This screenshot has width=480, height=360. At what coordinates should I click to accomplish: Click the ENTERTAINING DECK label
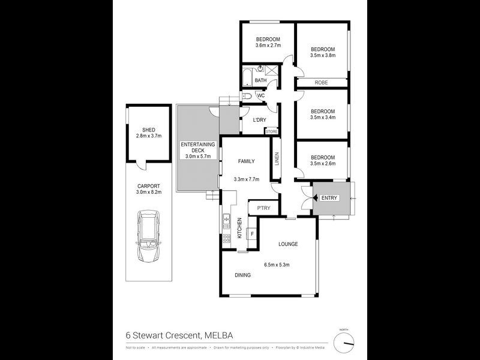click(198, 147)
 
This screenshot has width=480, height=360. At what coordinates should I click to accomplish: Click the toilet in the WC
click(247, 96)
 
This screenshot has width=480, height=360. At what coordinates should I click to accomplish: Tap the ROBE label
click(322, 83)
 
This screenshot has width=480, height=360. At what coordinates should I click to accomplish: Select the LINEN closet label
click(277, 160)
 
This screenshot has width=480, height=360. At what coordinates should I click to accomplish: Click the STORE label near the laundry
click(272, 131)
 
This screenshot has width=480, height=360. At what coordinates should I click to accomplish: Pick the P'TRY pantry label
click(263, 208)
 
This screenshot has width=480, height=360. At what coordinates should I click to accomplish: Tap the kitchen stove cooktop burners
click(227, 238)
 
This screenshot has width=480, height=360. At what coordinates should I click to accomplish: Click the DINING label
click(242, 275)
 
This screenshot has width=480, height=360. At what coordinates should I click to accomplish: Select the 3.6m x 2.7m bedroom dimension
click(268, 46)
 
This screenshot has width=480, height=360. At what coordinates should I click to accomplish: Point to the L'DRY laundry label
click(259, 120)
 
